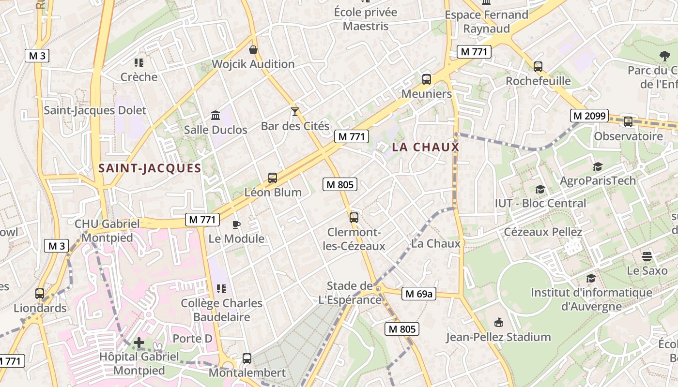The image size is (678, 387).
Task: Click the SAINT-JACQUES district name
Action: click(x=149, y=168)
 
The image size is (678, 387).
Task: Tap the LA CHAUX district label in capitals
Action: click(x=425, y=147)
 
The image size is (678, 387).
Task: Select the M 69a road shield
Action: click(x=418, y=294)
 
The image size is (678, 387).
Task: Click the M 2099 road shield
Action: click(x=588, y=116)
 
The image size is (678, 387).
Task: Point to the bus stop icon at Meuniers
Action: click(x=427, y=79)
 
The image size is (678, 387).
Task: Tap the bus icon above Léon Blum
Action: click(x=273, y=178)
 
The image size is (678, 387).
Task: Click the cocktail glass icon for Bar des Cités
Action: click(x=294, y=112)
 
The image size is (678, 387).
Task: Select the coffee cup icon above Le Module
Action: click(x=236, y=224)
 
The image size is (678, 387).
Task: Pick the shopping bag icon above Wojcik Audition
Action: click(x=253, y=50)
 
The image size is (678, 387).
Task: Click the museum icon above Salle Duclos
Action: click(x=216, y=116)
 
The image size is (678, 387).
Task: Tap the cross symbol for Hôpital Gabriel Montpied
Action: click(x=139, y=343)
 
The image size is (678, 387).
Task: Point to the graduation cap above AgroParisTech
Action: click(x=598, y=167)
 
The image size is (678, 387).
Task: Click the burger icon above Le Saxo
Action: click(x=647, y=256)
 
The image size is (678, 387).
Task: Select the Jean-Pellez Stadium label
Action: click(x=498, y=337)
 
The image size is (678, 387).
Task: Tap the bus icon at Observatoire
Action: click(x=628, y=122)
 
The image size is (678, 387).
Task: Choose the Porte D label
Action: click(x=192, y=339)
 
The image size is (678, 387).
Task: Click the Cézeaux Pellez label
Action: click(x=543, y=232)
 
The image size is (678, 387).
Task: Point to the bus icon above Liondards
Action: click(x=40, y=294)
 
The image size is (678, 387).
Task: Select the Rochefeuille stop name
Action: click(x=538, y=81)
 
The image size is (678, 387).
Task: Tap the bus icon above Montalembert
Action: click(x=247, y=359)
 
